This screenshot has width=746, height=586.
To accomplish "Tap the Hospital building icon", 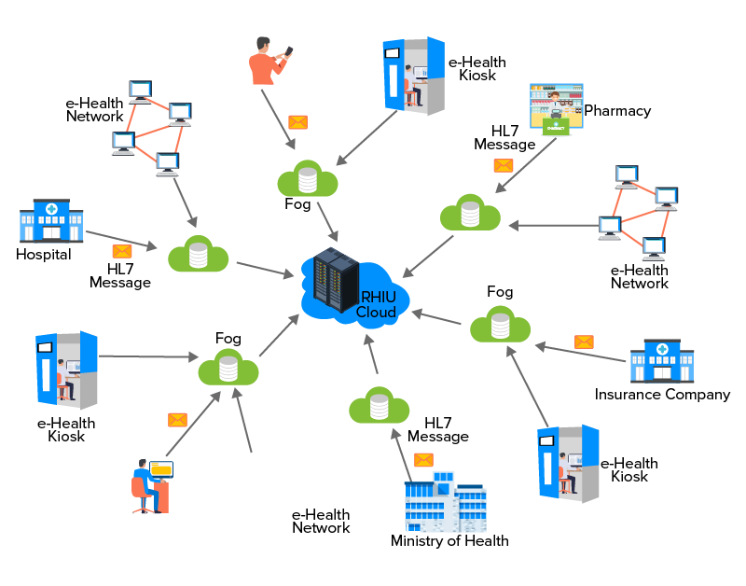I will pos(51,221).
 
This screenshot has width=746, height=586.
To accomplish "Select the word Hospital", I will pos(44,254).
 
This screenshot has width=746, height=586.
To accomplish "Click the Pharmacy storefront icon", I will pos(556,110).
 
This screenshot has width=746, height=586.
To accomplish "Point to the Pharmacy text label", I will pos(617,111).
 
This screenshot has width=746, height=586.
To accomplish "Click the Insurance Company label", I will pos(662,395).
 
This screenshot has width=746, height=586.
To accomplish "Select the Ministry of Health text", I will pos(449,541).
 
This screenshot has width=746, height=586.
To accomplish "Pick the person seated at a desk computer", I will pos(151,485).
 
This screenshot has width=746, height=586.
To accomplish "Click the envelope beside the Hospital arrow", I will pos(122,251).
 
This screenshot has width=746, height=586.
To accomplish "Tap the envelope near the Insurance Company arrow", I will pos(584,342).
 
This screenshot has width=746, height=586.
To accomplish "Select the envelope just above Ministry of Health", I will pos(423,459).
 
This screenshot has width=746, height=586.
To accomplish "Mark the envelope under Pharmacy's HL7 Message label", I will pos(504,165).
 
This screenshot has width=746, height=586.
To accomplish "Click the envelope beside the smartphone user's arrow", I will pos(297,122).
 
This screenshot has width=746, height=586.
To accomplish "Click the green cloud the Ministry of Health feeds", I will pos(379,408).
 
